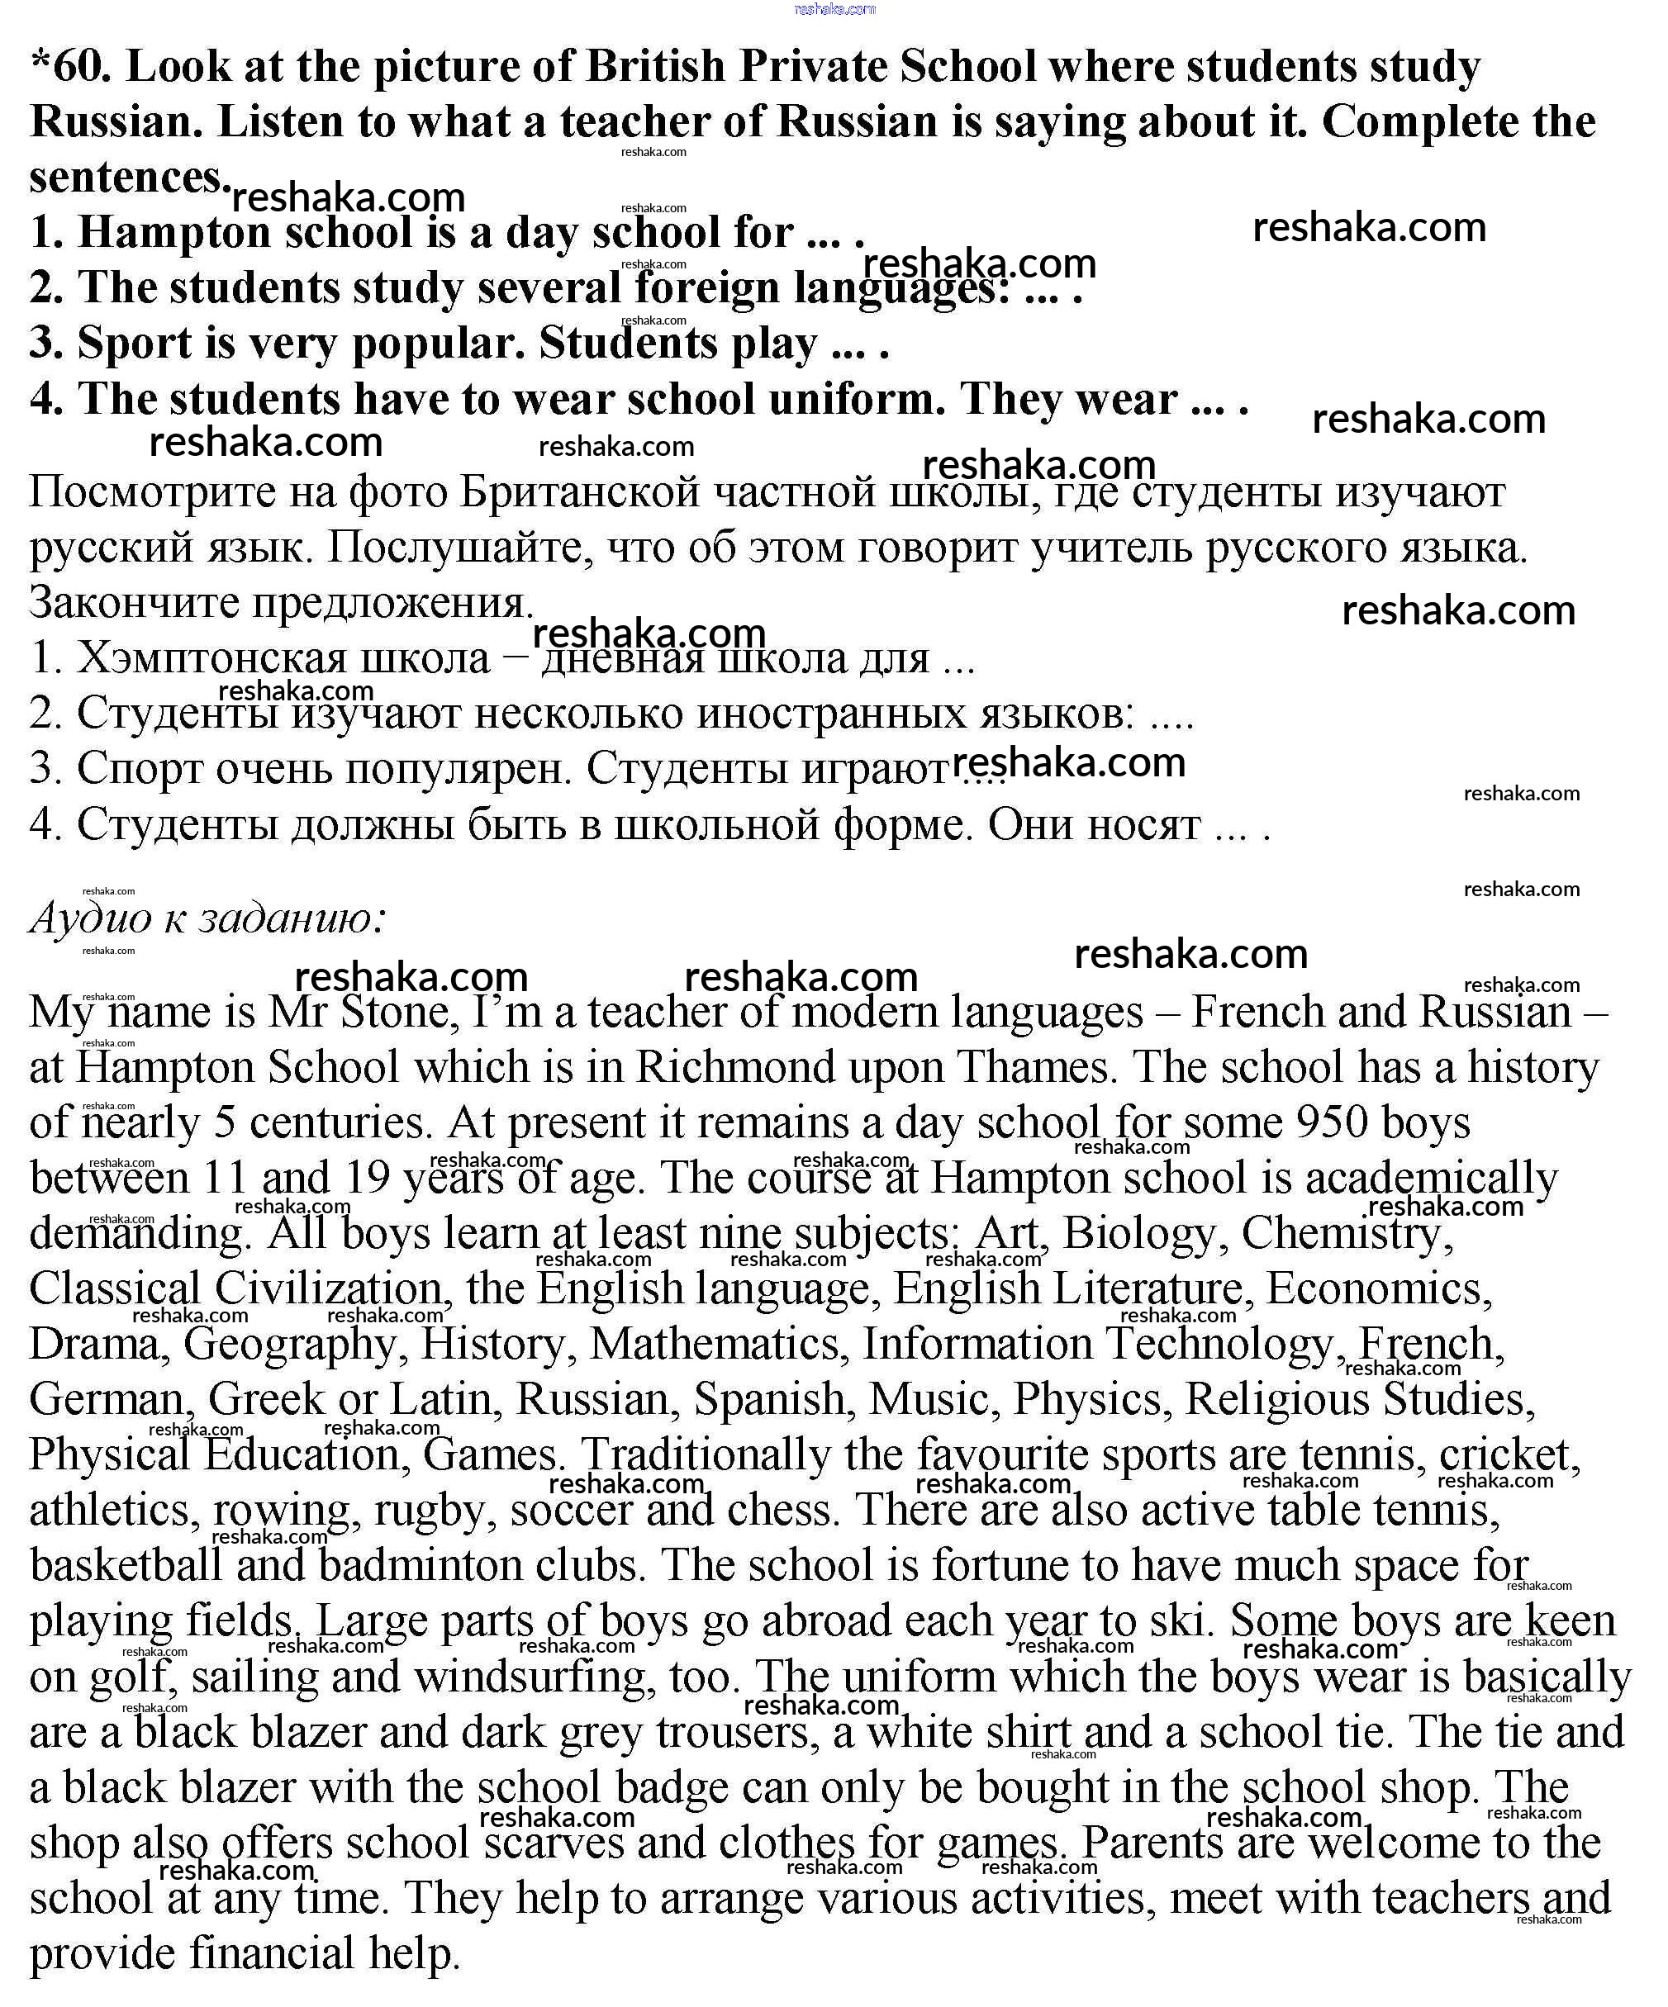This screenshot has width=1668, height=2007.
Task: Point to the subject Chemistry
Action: [x=1346, y=1234]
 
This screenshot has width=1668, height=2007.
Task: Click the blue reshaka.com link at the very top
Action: [x=834, y=8]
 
